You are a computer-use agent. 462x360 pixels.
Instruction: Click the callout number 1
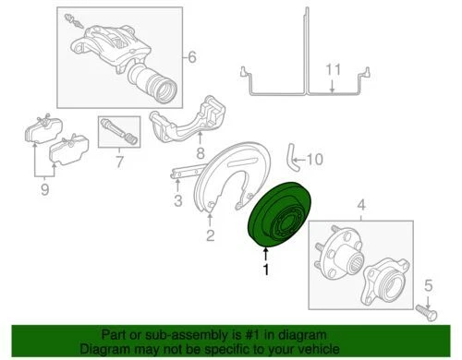click(267, 270)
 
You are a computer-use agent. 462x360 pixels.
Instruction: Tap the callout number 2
click(210, 236)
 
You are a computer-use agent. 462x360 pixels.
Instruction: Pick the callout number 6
click(192, 58)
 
